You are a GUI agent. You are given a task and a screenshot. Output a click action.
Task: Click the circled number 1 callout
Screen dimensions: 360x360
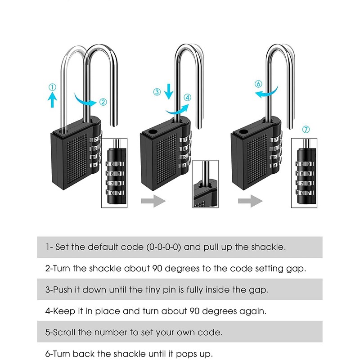pyautogui.click(x=53, y=87)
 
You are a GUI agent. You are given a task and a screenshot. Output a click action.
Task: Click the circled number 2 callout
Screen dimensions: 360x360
pyautogui.click(x=103, y=102)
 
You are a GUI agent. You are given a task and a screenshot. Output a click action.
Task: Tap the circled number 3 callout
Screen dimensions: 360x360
pyautogui.click(x=157, y=92)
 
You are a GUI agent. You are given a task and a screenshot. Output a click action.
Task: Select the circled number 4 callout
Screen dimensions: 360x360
pyautogui.click(x=188, y=97)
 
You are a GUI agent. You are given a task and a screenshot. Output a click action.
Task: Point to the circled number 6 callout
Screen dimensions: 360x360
pyautogui.click(x=258, y=84)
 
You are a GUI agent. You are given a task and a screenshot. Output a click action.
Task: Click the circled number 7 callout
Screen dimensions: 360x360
pyautogui.click(x=306, y=130)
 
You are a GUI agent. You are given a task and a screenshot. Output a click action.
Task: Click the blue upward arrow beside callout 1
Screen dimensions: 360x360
pyautogui.click(x=53, y=100)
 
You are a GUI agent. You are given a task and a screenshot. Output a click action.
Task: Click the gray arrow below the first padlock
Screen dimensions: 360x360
pyautogui.click(x=153, y=201)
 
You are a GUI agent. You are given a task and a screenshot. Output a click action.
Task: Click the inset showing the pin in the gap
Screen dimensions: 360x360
pyautogui.click(x=208, y=185)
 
